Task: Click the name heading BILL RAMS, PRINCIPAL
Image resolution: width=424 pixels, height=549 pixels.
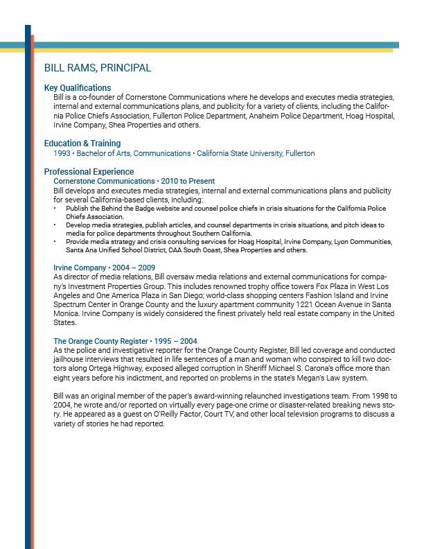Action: (x=97, y=68)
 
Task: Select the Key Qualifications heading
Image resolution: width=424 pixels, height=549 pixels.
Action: (x=78, y=88)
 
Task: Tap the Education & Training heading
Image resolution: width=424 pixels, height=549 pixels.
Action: (x=82, y=143)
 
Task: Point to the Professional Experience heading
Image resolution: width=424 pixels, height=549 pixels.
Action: (x=89, y=171)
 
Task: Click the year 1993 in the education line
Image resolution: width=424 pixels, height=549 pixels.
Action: (x=62, y=153)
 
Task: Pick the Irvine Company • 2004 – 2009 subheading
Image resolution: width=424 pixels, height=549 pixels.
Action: (x=104, y=267)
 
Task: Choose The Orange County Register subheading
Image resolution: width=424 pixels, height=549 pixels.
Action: (x=101, y=341)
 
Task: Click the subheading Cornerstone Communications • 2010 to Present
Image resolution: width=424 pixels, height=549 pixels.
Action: (x=134, y=181)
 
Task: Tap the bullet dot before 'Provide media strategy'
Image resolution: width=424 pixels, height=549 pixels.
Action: (x=55, y=242)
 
